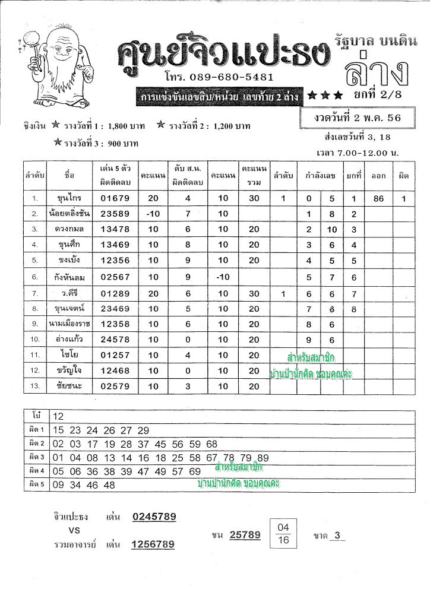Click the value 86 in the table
pyautogui.click(x=378, y=198)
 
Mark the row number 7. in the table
pyautogui.click(x=36, y=292)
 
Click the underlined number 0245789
pyautogui.click(x=154, y=517)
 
